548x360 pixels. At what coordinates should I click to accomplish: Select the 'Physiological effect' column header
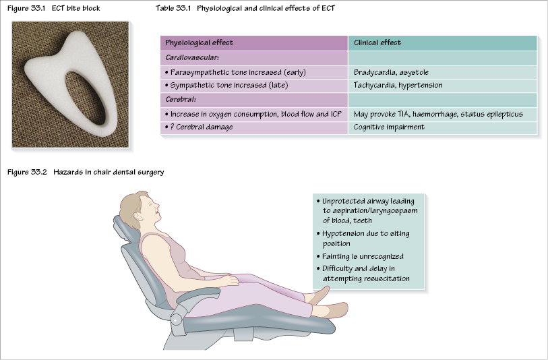click(x=199, y=43)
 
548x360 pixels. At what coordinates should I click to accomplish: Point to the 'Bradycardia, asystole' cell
click(x=391, y=72)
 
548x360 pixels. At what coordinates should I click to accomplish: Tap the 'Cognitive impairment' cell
click(x=389, y=127)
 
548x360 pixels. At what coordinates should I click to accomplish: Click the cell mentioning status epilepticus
click(x=437, y=114)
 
